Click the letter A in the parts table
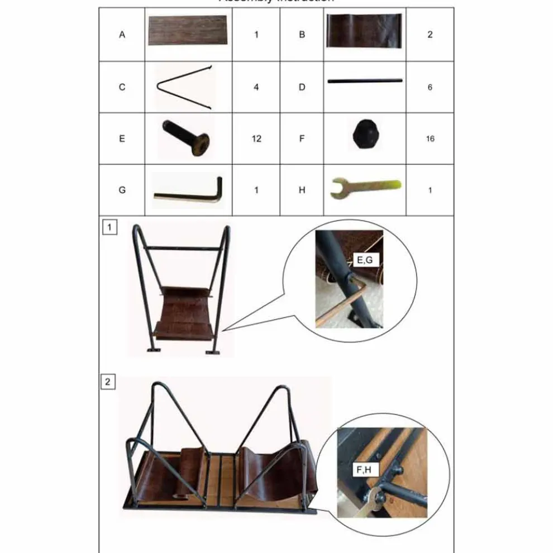coord(122,35)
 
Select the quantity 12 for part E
coord(256,139)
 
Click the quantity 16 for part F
coord(430,139)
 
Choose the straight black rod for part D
coord(365,81)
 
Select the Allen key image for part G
coord(189,189)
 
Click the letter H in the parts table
coord(302,190)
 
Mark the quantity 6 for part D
coord(430,87)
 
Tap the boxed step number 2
coord(108,383)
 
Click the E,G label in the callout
coord(366,260)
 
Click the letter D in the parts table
coord(302,87)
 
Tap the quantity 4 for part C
coord(256,87)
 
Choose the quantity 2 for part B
coord(430,35)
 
